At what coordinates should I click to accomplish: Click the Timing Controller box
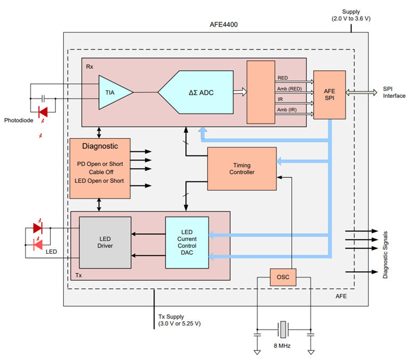click(242, 169)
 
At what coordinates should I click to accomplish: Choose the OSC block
click(283, 277)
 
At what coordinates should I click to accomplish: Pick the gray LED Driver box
click(105, 242)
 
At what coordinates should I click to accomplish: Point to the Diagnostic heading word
click(100, 146)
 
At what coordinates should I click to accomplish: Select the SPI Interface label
click(393, 93)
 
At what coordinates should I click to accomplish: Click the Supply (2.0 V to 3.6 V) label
click(351, 15)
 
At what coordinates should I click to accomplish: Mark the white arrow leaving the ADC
click(240, 93)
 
